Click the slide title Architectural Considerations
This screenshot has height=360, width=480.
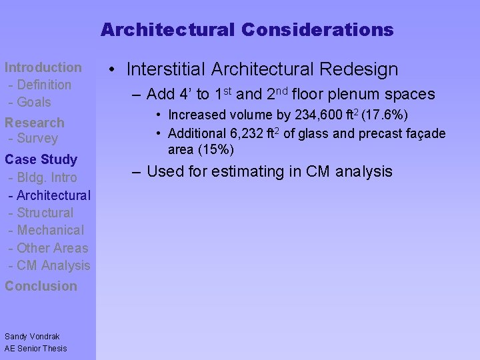tap(247, 30)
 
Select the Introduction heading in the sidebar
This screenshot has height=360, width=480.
tap(43, 67)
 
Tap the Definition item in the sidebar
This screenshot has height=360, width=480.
tap(43, 85)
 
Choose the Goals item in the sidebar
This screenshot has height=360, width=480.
tap(33, 102)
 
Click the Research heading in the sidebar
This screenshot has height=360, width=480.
tap(35, 123)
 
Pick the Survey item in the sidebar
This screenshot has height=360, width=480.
tap(37, 139)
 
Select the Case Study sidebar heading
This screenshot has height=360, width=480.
tap(41, 159)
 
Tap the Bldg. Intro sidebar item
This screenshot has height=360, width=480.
tap(47, 178)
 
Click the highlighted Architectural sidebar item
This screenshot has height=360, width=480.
tap(53, 195)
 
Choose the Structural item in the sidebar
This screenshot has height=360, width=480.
tap(45, 213)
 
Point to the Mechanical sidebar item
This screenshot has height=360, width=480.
tap(50, 230)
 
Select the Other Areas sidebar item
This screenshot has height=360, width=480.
tap(52, 248)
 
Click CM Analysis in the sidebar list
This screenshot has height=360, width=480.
tap(53, 265)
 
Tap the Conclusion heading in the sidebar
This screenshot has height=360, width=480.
tap(41, 286)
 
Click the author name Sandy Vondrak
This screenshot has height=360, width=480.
tap(32, 337)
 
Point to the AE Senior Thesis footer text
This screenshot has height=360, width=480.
tap(35, 349)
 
